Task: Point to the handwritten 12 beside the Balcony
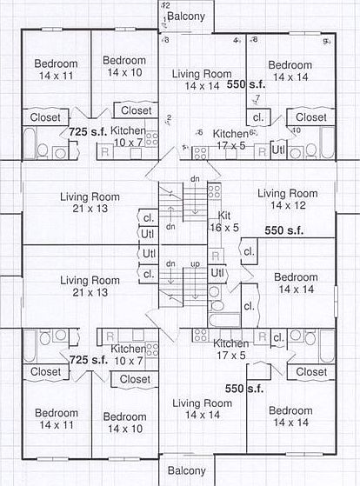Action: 164,5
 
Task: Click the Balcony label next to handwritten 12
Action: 186,16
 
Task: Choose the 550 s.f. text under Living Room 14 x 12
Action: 283,231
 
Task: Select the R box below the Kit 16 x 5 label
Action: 216,256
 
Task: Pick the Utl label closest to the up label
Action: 218,272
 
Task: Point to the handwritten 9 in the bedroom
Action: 326,41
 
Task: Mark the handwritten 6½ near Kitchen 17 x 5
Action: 253,133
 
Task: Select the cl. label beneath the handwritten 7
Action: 258,117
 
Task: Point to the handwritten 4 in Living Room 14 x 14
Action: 237,41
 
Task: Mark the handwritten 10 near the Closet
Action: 296,130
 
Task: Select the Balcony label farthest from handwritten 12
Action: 186,470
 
